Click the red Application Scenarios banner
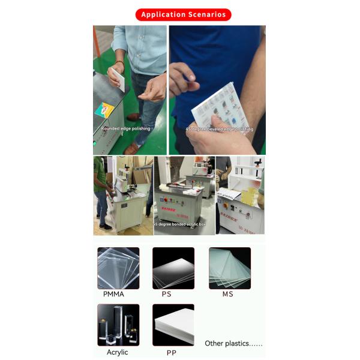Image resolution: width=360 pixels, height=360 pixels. (x=183, y=14)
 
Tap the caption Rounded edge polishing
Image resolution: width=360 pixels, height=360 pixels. (x=125, y=128)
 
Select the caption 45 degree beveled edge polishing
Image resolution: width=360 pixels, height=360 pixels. (x=219, y=129)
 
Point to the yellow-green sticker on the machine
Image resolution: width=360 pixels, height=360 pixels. (x=105, y=110)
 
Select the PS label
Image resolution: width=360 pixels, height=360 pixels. (x=166, y=294)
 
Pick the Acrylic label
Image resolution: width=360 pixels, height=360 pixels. (x=118, y=352)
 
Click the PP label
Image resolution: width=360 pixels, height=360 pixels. (x=171, y=353)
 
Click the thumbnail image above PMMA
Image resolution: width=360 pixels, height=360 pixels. (x=118, y=268)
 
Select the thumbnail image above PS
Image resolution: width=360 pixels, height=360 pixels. (x=173, y=268)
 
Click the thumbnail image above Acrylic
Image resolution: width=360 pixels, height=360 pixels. (x=118, y=325)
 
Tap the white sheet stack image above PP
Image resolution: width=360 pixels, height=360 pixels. (x=173, y=325)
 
